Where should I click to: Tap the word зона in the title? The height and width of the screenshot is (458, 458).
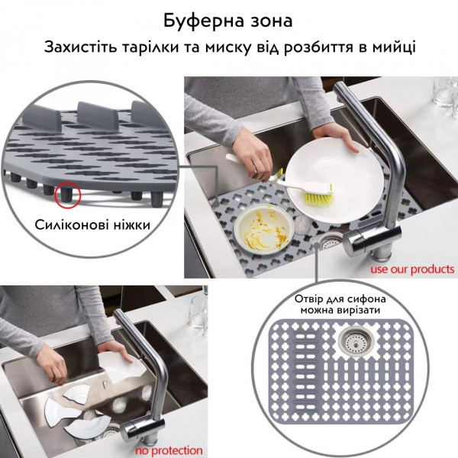[x=272, y=22]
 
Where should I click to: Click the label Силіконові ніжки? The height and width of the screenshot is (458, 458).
[x=92, y=225]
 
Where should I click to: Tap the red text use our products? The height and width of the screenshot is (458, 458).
[x=412, y=269]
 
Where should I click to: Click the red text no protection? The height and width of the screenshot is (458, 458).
[x=169, y=450]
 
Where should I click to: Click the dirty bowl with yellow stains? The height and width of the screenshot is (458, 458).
[x=263, y=227]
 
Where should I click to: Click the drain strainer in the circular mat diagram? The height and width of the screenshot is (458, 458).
[x=356, y=341]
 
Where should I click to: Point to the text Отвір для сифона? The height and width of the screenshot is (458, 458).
[x=340, y=299]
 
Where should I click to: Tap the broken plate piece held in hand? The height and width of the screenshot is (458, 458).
[x=121, y=368]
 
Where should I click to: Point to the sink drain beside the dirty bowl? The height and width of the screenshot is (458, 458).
[x=331, y=242]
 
